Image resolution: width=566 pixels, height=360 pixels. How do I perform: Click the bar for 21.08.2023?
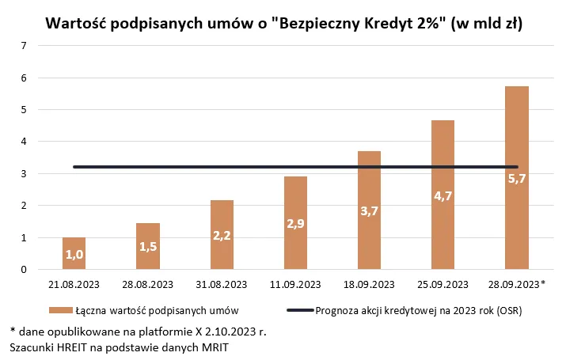click(74, 253)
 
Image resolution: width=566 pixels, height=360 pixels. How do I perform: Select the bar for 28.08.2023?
click(148, 246)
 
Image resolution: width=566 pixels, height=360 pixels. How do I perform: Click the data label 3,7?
click(369, 211)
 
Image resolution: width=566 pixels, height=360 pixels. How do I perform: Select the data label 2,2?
click(222, 235)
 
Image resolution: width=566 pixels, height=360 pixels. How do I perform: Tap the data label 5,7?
click(517, 179)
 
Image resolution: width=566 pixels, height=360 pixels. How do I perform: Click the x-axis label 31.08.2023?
click(222, 284)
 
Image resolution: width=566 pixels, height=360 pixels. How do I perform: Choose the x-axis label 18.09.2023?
click(369, 284)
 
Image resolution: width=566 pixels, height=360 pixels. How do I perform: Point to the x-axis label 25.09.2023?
click(443, 284)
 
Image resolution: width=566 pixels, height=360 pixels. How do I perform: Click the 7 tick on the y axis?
click(25, 46)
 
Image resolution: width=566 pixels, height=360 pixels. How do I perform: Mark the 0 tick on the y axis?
click(25, 270)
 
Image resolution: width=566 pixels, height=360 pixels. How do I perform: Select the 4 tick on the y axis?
click(25, 142)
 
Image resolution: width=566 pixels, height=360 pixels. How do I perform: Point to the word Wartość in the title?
click(78, 24)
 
